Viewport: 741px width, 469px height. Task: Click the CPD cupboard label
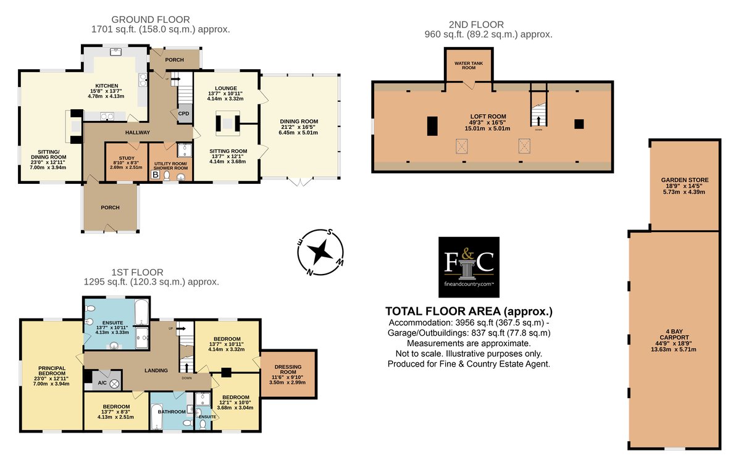click(x=183, y=114)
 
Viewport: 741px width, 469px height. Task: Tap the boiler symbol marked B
click(x=155, y=175)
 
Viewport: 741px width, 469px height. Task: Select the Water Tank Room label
click(x=469, y=65)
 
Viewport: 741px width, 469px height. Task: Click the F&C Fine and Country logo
click(x=469, y=267)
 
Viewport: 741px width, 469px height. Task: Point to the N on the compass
click(x=310, y=272)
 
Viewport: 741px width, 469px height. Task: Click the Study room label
click(x=127, y=159)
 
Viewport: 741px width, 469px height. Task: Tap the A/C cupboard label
click(x=103, y=383)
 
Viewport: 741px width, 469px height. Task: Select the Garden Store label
click(x=685, y=180)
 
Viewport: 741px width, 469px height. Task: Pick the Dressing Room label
click(x=288, y=370)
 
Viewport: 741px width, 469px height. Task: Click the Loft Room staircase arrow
click(x=538, y=120)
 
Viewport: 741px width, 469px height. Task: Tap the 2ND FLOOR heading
click(x=476, y=25)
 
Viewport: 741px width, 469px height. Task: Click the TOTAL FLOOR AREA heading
click(x=469, y=312)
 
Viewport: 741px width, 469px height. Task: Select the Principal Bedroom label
click(x=52, y=371)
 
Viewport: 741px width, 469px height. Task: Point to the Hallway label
click(x=138, y=133)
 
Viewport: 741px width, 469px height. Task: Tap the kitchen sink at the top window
click(x=116, y=52)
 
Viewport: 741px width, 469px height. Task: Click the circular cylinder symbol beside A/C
click(x=114, y=384)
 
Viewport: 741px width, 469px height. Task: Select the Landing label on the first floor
click(x=156, y=370)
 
